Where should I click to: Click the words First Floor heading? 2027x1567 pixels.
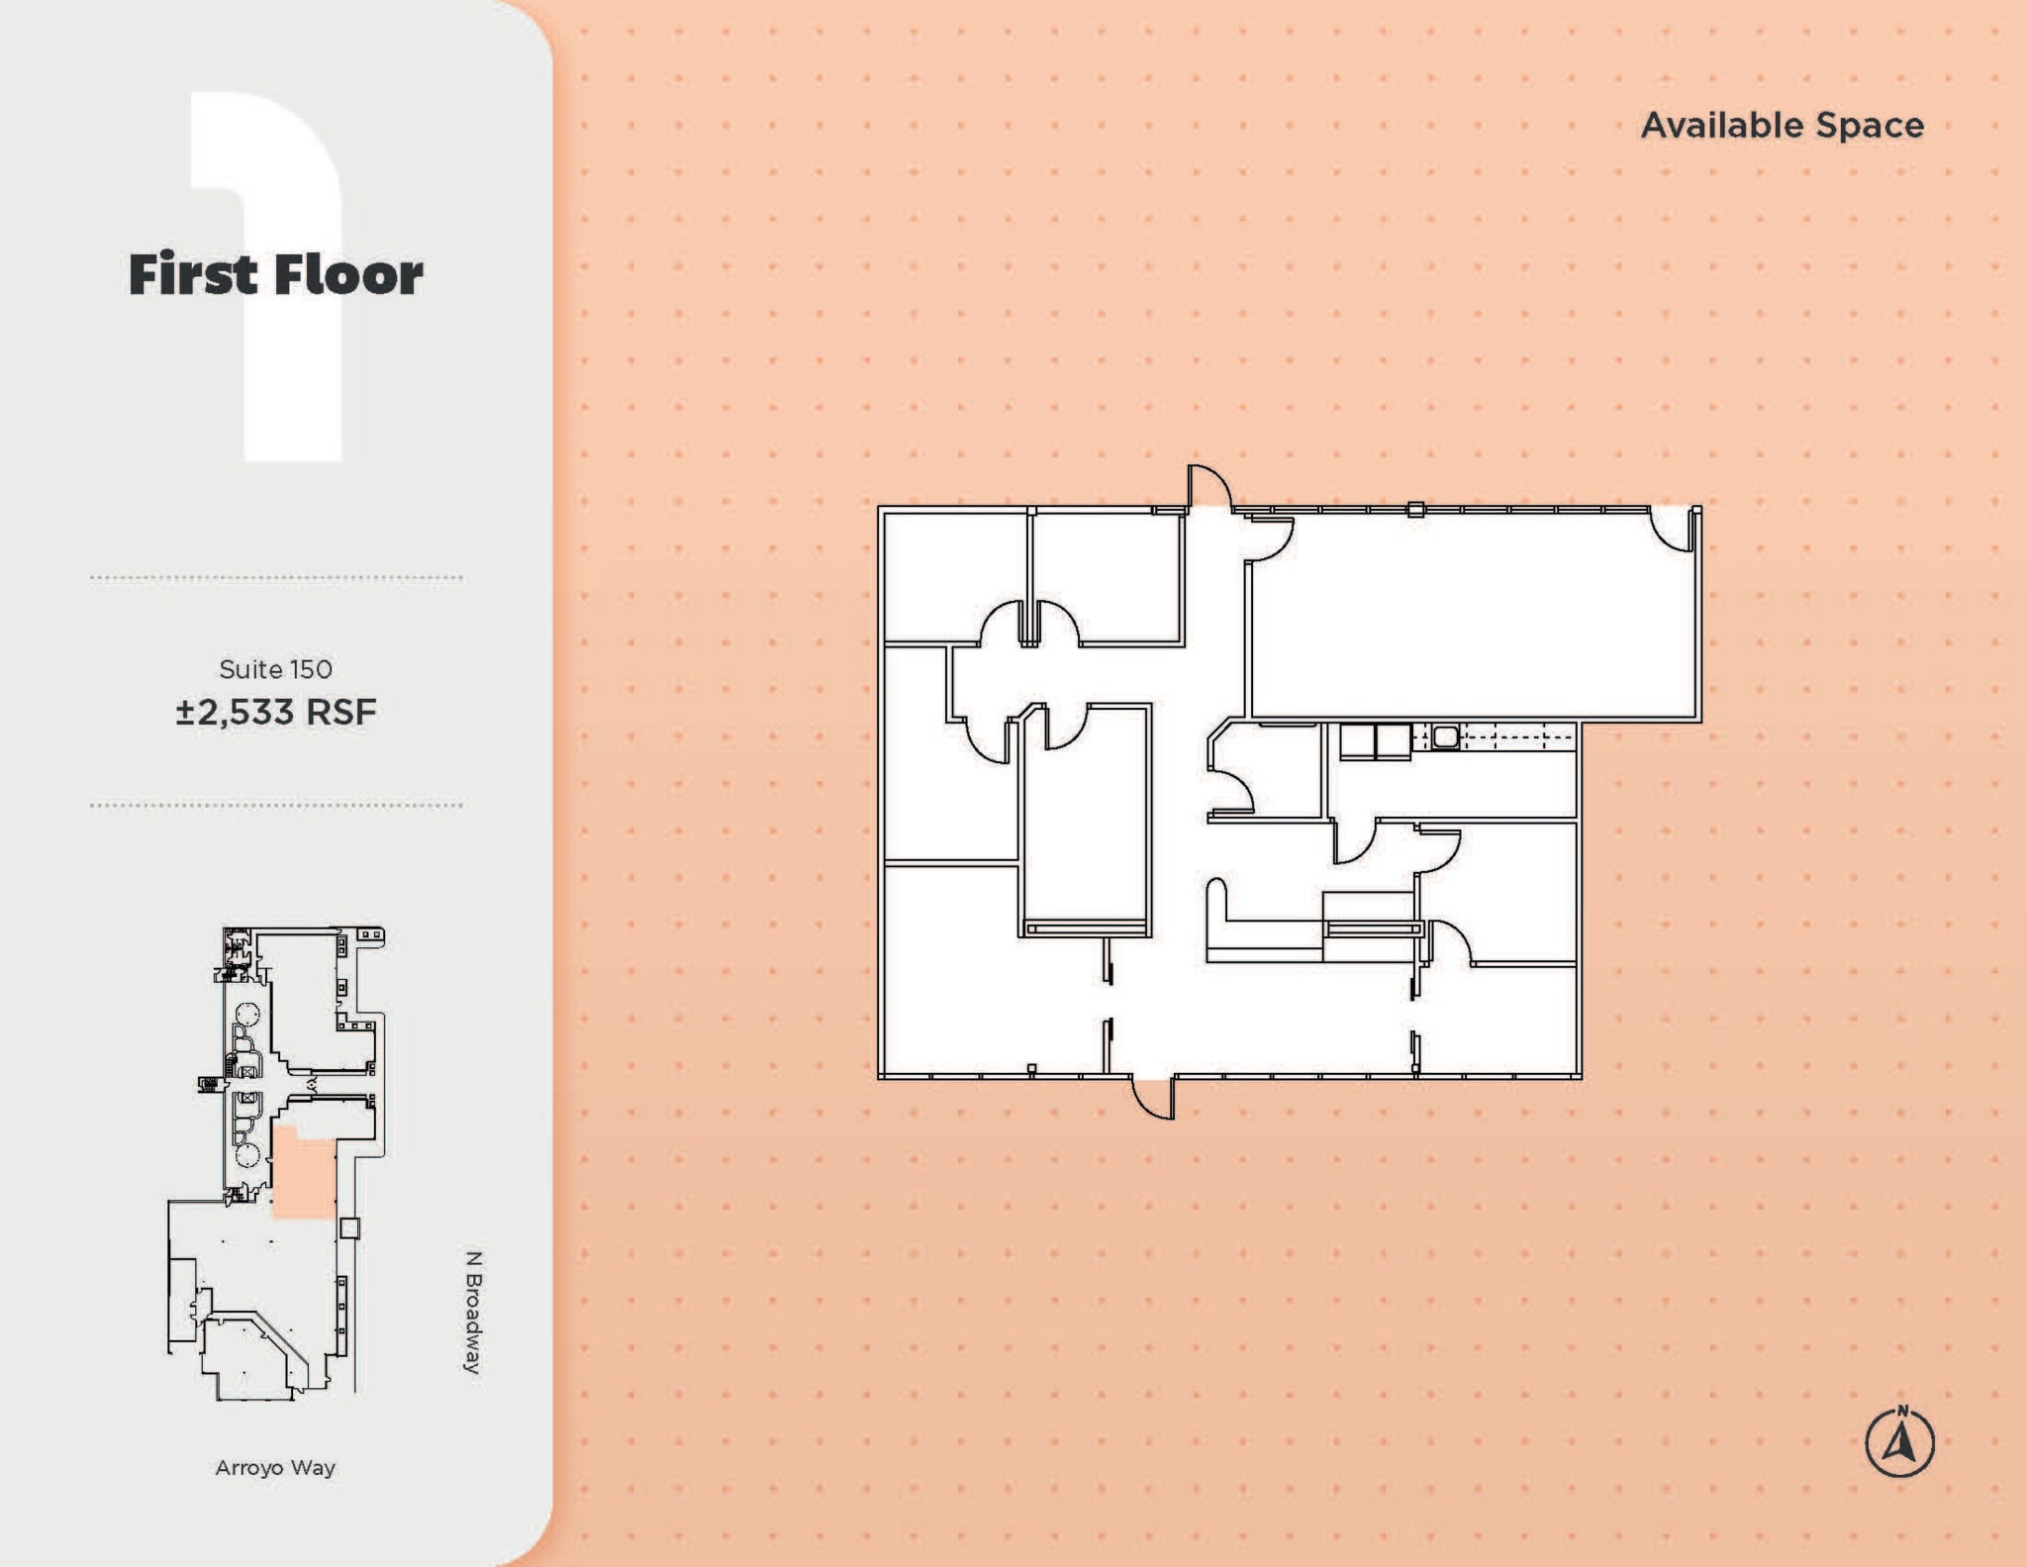coord(275,274)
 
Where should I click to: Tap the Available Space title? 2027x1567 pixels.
coord(1782,126)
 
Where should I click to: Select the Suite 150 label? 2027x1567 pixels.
coord(275,669)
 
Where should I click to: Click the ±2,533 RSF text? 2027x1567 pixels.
coord(276,712)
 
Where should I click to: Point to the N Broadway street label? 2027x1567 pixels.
coord(473,1312)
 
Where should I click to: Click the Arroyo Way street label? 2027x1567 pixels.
coord(275,1467)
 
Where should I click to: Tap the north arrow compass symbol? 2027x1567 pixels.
coord(1899,1442)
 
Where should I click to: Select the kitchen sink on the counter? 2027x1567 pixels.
coord(1445,736)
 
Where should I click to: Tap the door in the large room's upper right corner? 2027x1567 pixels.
coord(1674,529)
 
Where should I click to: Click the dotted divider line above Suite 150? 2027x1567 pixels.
coord(276,577)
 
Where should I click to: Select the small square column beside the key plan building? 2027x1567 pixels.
coord(349,1227)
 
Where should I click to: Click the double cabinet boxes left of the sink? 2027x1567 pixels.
coord(1375,740)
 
